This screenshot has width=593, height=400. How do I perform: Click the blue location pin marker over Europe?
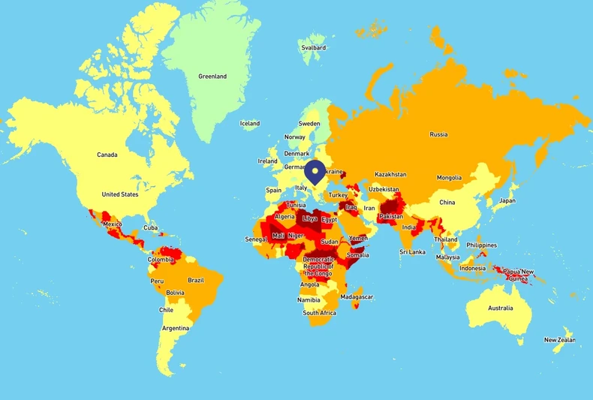pos(316,172)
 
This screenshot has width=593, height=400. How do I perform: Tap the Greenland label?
pos(212,77)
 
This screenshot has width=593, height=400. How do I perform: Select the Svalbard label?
pos(313,47)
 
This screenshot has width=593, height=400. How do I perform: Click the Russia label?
pos(438,134)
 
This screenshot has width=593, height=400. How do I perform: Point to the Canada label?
pos(107,155)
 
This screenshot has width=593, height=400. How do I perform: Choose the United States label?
pos(120,194)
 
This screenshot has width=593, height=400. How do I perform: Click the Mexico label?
pos(112,224)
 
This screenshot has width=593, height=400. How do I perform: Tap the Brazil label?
pos(196,280)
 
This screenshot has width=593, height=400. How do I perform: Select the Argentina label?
pos(176,328)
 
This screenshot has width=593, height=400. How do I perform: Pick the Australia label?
pos(501,308)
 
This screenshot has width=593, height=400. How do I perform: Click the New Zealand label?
pos(560,340)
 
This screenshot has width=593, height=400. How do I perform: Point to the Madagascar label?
pos(357,297)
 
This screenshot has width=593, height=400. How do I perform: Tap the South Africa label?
pos(320,312)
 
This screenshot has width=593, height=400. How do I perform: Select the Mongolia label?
pos(449,178)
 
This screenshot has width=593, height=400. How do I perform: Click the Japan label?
pos(507,200)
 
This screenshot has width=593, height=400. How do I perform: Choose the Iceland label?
pos(250,123)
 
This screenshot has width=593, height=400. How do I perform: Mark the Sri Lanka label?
pos(412,252)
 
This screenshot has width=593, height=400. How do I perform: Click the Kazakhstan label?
pos(390,174)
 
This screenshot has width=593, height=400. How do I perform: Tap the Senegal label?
pos(255,239)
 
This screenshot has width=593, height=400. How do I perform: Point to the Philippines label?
pos(481,245)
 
